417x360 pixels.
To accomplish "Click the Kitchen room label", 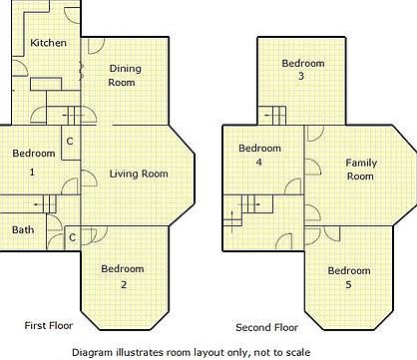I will click(48, 43).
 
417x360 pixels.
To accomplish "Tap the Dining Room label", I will click(123, 76).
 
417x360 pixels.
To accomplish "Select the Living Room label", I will click(138, 174).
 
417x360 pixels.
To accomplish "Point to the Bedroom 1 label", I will click(32, 163).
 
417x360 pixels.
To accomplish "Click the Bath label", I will click(22, 230).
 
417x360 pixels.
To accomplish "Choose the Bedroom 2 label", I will click(123, 276).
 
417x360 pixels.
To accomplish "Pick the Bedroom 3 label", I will click(300, 69).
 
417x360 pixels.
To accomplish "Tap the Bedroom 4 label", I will click(258, 155).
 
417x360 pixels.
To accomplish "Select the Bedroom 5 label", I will click(349, 277).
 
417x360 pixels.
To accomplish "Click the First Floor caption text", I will click(50, 326).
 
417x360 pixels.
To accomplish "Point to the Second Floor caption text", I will click(266, 327).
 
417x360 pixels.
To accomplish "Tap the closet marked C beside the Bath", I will click(73, 237).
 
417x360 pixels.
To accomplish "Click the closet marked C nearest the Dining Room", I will click(69, 141).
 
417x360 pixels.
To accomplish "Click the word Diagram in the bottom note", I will click(94, 352).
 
